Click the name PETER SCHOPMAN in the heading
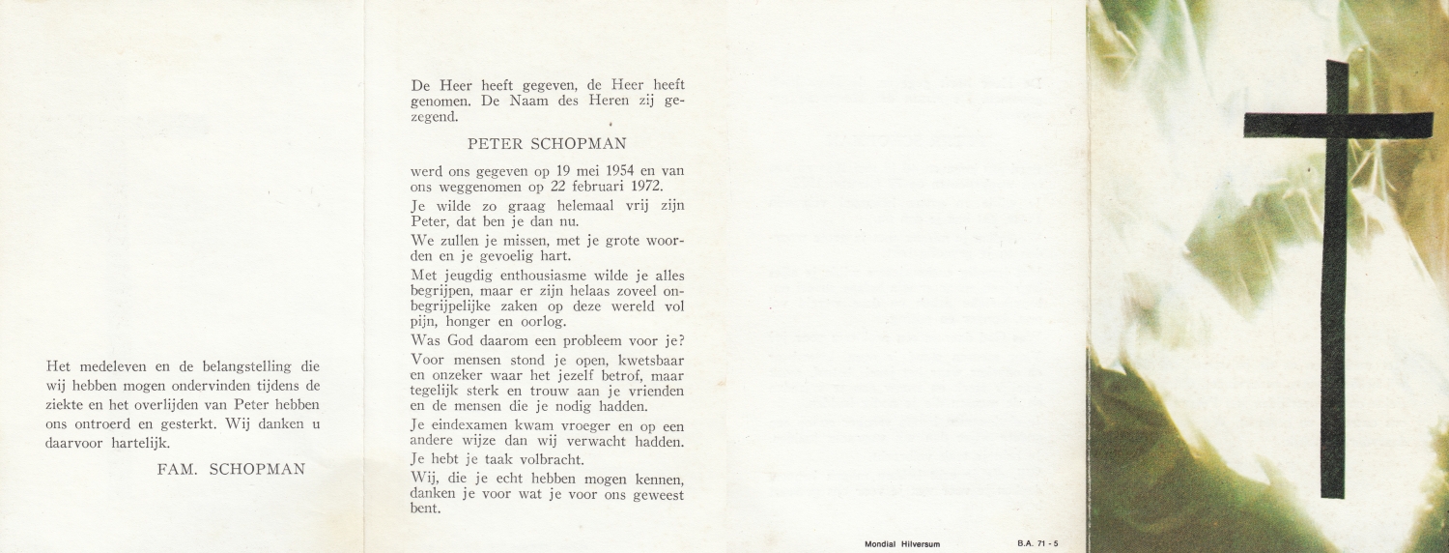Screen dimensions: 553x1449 point(547,145)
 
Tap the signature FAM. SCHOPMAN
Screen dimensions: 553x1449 point(231,469)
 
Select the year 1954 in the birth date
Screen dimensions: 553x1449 point(612,171)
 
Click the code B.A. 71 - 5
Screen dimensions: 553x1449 point(1038,543)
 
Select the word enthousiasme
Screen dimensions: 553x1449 point(533,276)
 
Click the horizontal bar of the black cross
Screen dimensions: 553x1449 point(1338,126)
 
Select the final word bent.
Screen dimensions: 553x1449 point(425,509)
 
